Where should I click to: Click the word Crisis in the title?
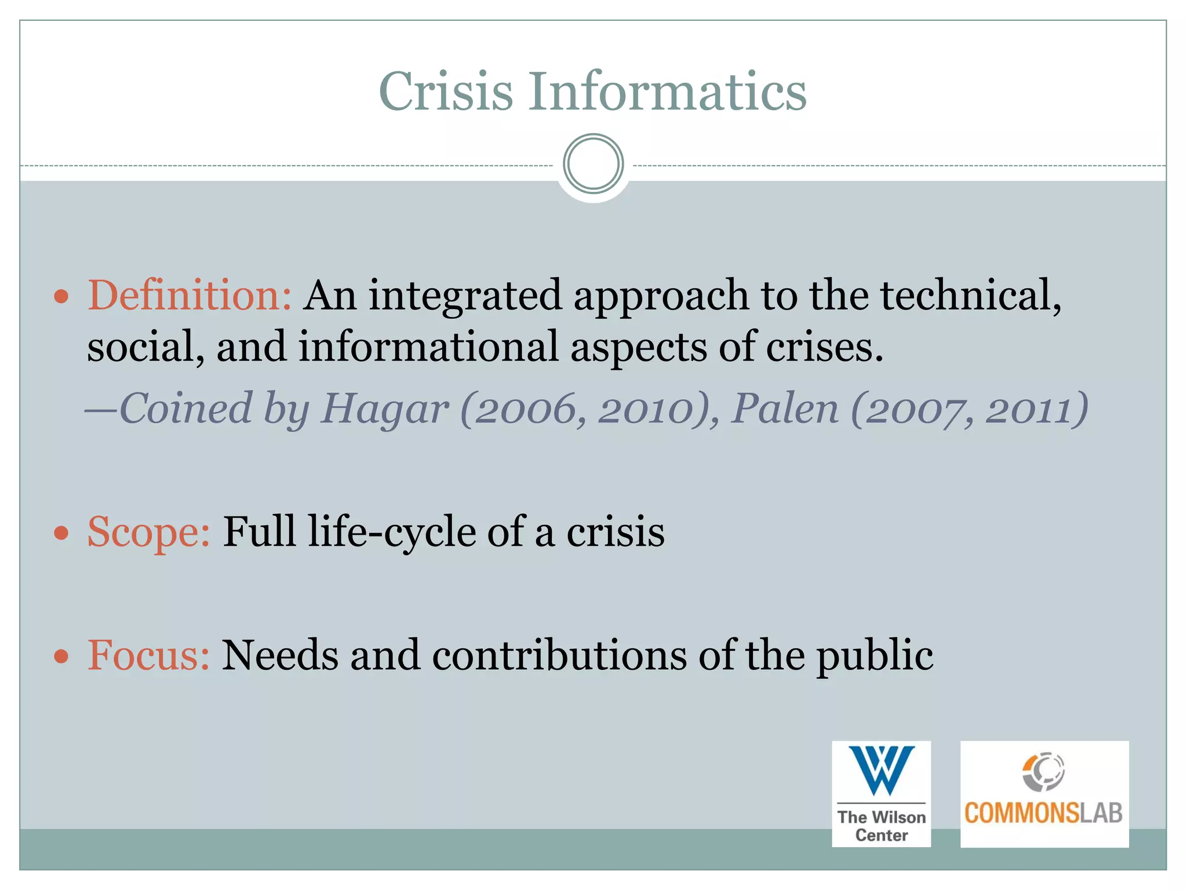[446, 92]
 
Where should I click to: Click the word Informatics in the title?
[667, 92]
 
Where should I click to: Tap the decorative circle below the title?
[593, 164]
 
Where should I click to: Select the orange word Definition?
[189, 296]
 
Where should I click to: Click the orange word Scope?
[148, 532]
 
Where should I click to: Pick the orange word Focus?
[148, 655]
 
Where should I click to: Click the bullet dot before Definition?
[61, 298]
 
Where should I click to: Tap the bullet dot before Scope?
[61, 532]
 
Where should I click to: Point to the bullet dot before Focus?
[61, 656]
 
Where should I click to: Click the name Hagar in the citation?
[384, 409]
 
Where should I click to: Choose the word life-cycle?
[391, 532]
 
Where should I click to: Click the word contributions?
[559, 655]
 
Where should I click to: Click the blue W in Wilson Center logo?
[882, 770]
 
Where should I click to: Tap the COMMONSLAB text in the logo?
[1043, 814]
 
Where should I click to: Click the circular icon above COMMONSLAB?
[1043, 771]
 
